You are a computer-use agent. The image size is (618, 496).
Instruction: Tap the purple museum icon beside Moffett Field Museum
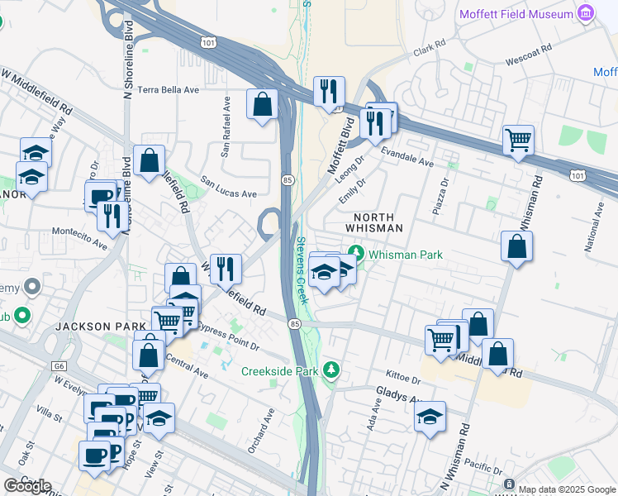587,13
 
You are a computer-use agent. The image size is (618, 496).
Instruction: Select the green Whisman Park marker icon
356,252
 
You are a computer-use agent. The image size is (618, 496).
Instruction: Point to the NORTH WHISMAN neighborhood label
373,222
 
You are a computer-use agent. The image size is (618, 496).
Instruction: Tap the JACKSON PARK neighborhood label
100,327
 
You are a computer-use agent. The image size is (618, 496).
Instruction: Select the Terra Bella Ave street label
169,89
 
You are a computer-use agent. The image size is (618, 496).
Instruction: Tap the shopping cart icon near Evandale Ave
518,140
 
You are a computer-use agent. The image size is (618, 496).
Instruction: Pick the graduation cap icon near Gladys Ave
430,417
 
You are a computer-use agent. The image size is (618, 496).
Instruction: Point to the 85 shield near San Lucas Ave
287,179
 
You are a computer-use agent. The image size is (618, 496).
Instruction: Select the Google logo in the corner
27,486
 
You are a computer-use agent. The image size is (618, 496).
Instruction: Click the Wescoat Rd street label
530,60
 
